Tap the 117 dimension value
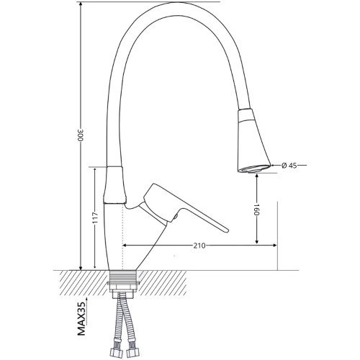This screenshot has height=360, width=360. point(95,217)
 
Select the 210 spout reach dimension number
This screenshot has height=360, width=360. point(199,246)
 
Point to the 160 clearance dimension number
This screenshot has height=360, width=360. point(257,210)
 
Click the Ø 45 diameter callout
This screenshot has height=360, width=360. point(289,166)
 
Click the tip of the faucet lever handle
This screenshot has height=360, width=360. point(227,231)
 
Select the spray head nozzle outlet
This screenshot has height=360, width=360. point(253,168)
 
